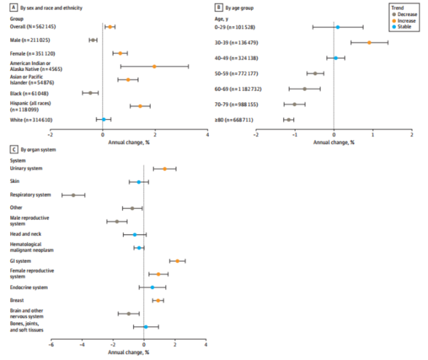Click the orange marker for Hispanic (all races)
[x=140, y=106]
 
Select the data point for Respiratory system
[x=73, y=195]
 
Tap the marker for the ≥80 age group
[x=289, y=120]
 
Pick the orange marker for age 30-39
[x=370, y=42]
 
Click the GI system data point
[x=177, y=261]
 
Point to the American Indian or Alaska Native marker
[x=154, y=66]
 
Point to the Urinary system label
[x=26, y=169]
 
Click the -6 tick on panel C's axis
[x=51, y=345]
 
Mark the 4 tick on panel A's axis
[x=207, y=135]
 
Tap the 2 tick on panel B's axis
[x=412, y=135]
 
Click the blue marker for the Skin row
[x=139, y=182]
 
